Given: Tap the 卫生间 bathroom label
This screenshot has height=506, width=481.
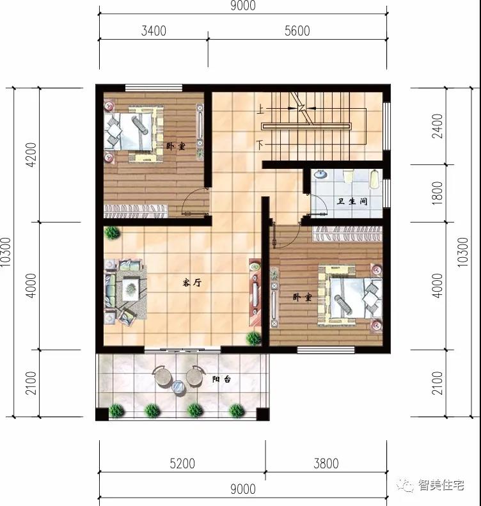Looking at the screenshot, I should click(x=352, y=202).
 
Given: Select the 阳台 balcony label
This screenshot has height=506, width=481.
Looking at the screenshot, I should click(x=222, y=379).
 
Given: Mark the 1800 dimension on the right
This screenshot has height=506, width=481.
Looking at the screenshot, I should click(x=438, y=193).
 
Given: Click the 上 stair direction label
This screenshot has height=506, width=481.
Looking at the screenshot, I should click(x=261, y=111).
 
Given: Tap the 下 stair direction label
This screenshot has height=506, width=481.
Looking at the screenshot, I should click(x=261, y=144).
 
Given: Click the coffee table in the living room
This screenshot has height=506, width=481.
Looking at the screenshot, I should click(x=131, y=289).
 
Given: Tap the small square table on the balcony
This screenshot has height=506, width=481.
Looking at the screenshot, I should click(x=179, y=386).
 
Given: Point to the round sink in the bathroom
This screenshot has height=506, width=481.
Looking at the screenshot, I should click(x=320, y=175).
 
